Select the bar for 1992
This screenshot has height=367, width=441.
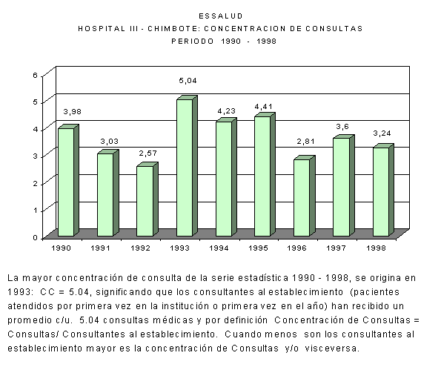pyautogui.click(x=147, y=199)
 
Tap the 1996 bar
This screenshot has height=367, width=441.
pyautogui.click(x=305, y=196)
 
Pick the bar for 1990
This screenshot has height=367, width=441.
pyautogui.click(x=68, y=180)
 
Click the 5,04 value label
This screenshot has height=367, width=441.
pyautogui.click(x=188, y=81)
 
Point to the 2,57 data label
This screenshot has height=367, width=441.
pyautogui.click(x=148, y=153)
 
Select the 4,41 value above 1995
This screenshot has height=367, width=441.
pyautogui.click(x=264, y=107)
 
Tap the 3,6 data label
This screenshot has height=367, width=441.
pyautogui.click(x=342, y=127)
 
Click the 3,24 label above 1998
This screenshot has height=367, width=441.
pyautogui.click(x=382, y=133)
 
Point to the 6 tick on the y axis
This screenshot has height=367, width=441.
pyautogui.click(x=35, y=75)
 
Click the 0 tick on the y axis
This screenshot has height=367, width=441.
pyautogui.click(x=35, y=238)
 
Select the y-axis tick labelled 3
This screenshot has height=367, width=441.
pyautogui.click(x=35, y=156)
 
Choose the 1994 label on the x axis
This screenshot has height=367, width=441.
pyautogui.click(x=219, y=248)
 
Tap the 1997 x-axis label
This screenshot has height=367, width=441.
pyautogui.click(x=336, y=248)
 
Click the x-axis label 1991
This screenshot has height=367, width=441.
pyautogui.click(x=100, y=248)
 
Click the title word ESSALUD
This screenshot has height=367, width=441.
pyautogui.click(x=221, y=16)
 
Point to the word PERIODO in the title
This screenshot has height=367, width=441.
pyautogui.click(x=193, y=42)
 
